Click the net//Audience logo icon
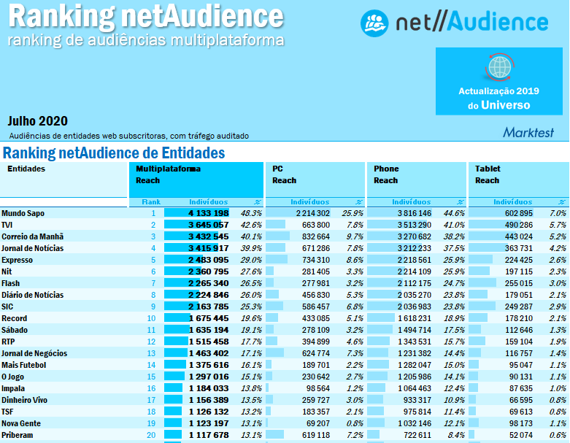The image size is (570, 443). tap(374, 23)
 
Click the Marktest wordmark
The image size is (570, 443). tap(528, 132)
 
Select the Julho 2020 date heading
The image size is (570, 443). tap(38, 120)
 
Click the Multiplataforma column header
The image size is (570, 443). tap(168, 169)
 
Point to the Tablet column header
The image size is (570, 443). tap(488, 169)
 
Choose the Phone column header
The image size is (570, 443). tap(386, 169)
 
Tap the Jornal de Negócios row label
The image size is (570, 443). tap(34, 353)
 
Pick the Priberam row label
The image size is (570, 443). tap(18, 435)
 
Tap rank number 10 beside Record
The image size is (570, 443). tap(152, 318)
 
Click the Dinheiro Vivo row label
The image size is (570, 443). tap(26, 400)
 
